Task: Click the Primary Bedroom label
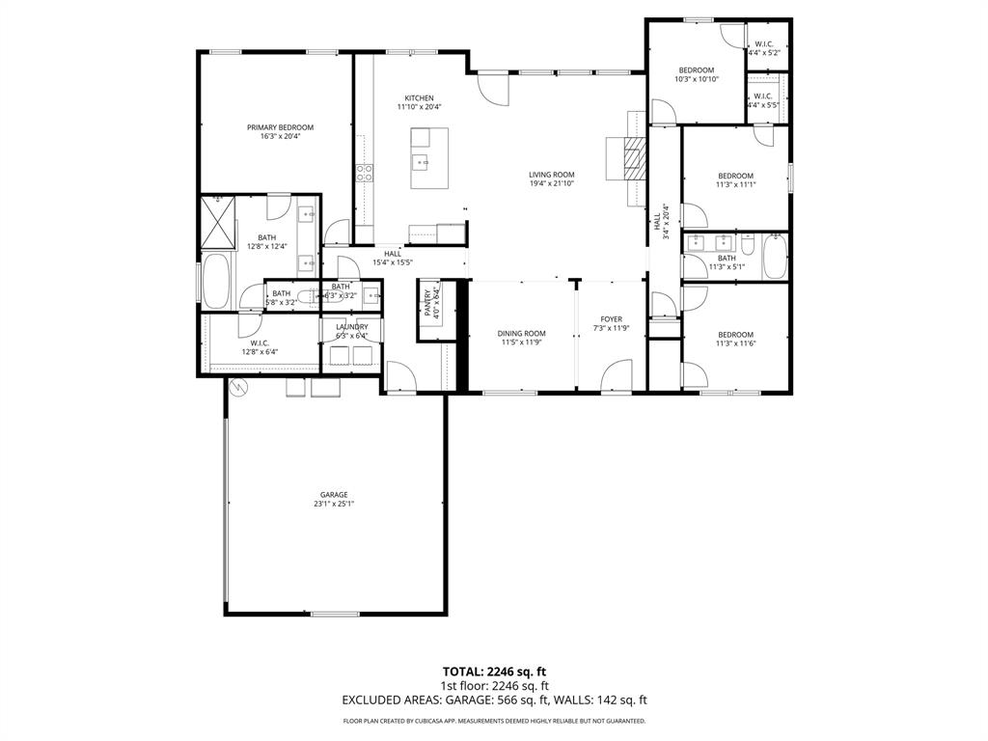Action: pos(280,127)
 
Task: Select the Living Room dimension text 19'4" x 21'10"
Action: pos(552,184)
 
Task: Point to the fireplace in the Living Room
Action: pos(631,158)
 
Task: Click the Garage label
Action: pos(335,495)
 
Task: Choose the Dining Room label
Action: pos(522,334)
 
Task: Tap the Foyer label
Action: pos(611,319)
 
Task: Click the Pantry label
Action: pos(426,301)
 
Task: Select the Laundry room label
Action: pos(351,327)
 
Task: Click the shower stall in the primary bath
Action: pos(218,223)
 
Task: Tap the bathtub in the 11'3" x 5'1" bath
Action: pos(775,257)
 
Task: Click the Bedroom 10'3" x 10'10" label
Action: pos(696,70)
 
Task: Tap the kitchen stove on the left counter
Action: pos(366,174)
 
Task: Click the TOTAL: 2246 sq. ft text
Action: pos(494,672)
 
